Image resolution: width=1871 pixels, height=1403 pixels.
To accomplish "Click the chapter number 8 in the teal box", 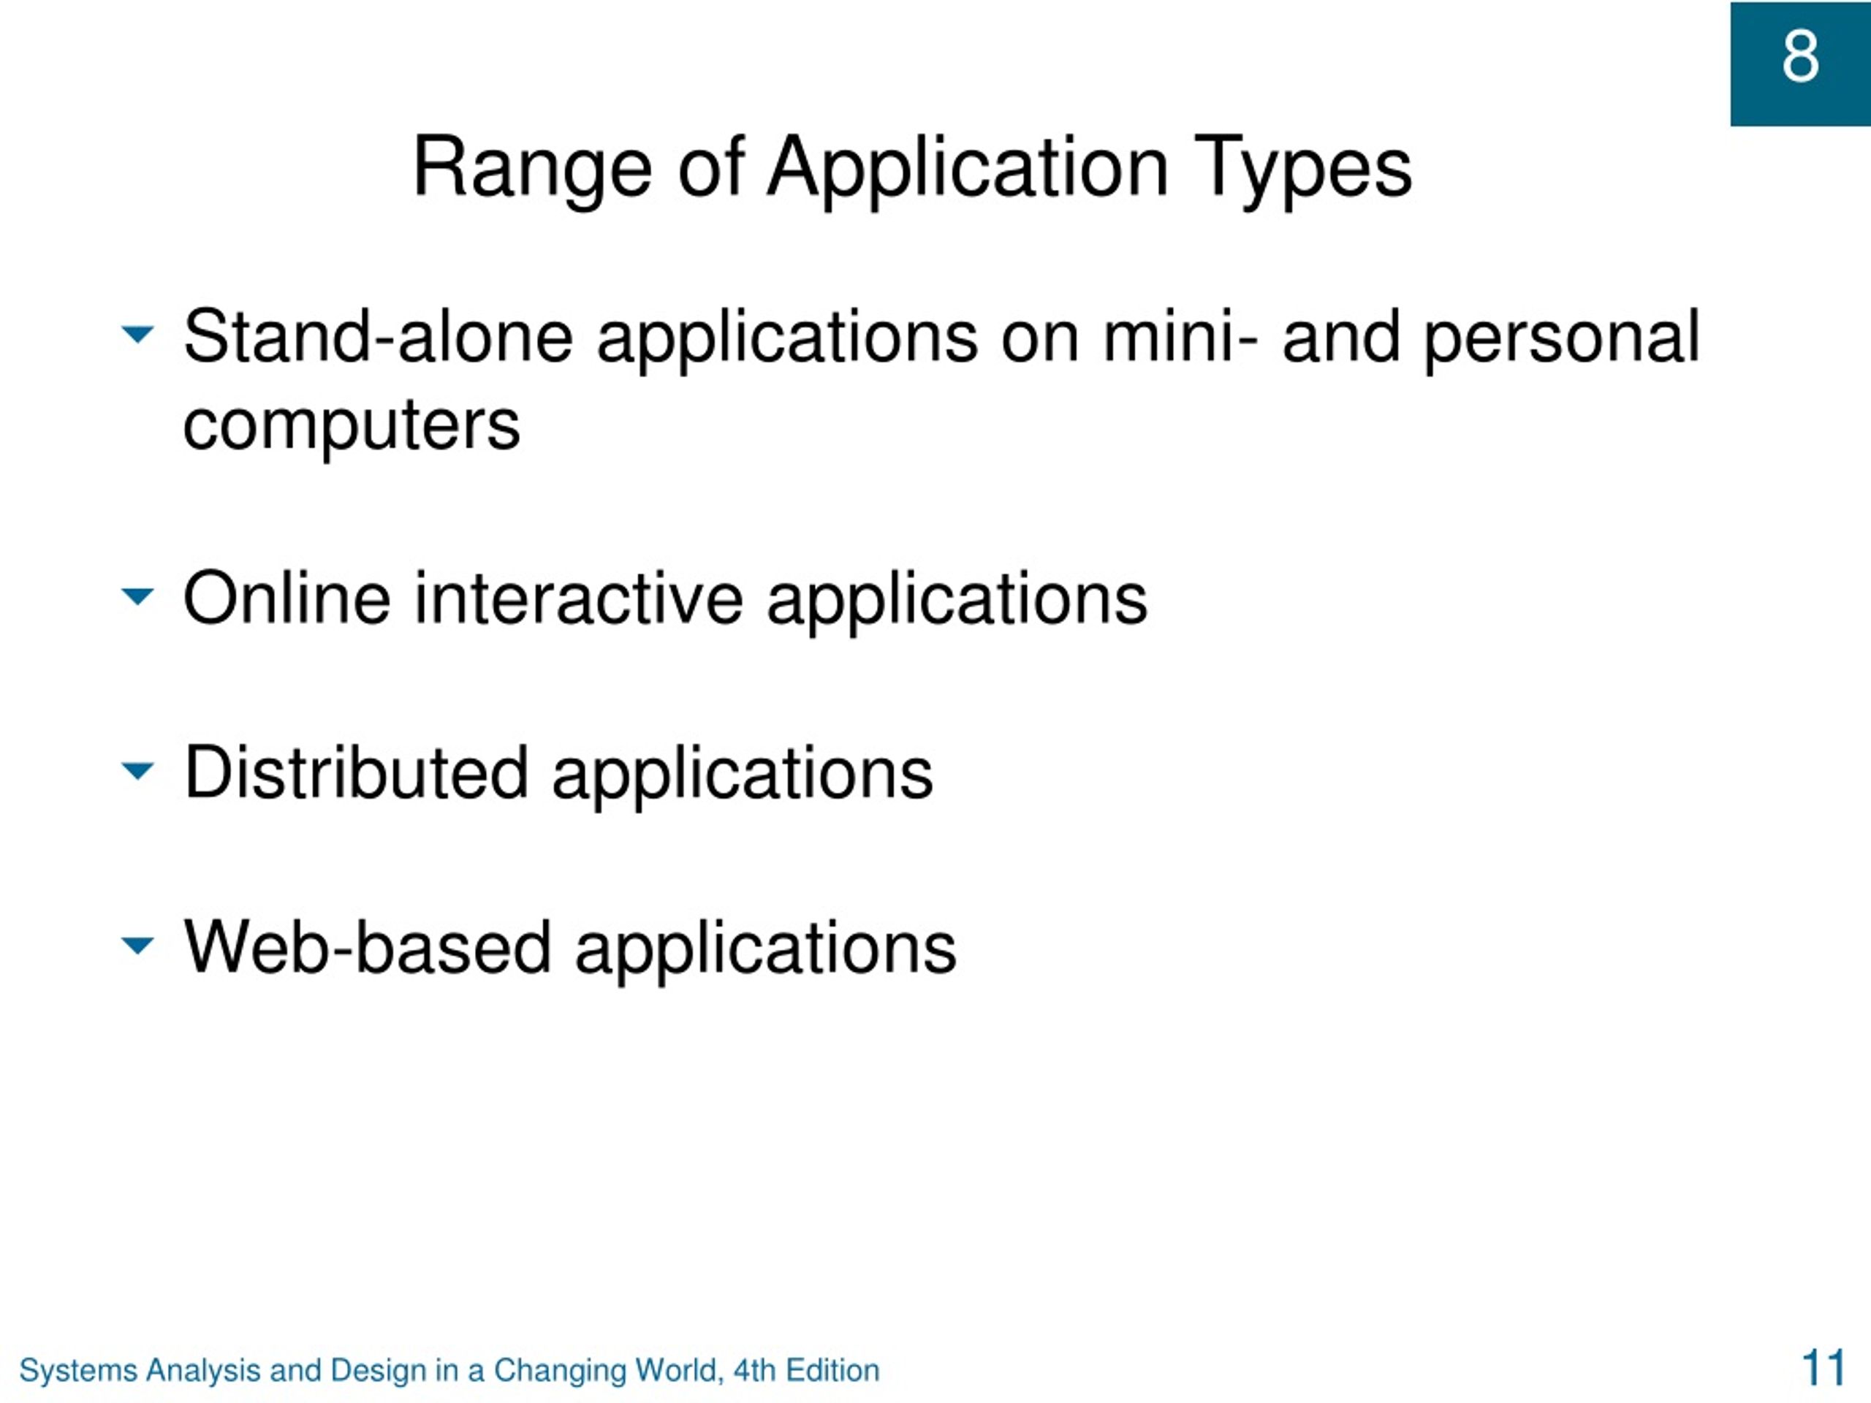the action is pyautogui.click(x=1800, y=57).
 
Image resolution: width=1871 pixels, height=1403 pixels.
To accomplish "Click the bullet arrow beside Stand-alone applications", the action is pyautogui.click(x=138, y=334).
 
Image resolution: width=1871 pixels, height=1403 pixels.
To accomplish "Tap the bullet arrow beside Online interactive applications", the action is pyautogui.click(x=138, y=596).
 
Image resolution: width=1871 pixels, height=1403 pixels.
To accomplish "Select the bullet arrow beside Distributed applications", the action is pyautogui.click(x=138, y=770).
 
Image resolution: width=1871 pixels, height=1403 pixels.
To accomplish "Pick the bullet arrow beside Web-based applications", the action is pyautogui.click(x=138, y=945).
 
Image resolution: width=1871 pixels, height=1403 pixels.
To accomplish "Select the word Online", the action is pyautogui.click(x=286, y=598).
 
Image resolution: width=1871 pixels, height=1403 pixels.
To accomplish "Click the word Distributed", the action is pyautogui.click(x=356, y=773).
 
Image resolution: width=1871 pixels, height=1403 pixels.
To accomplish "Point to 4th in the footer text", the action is pyautogui.click(x=754, y=1370).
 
